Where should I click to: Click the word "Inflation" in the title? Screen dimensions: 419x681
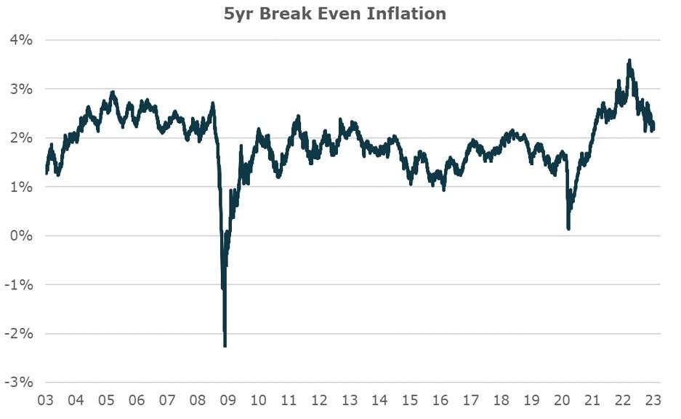click(x=410, y=13)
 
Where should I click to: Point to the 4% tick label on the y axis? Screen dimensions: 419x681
click(x=21, y=40)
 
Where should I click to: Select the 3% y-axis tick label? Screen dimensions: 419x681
click(x=21, y=89)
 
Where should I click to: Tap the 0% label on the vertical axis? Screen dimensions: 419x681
click(x=21, y=236)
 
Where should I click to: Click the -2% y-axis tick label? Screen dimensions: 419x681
click(x=19, y=333)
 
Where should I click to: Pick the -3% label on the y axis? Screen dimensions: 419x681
click(x=19, y=382)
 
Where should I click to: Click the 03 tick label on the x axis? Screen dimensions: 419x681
click(x=46, y=400)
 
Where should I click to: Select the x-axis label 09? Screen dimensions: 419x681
click(x=228, y=400)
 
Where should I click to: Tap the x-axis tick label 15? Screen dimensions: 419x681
click(x=411, y=400)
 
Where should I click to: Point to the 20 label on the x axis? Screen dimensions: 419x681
click(x=563, y=400)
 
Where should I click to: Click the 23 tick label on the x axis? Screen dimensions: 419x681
click(x=653, y=400)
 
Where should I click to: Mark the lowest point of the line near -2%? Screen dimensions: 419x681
click(x=225, y=346)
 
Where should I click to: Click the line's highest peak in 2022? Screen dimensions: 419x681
click(x=629, y=60)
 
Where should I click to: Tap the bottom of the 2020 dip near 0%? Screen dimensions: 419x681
click(x=568, y=228)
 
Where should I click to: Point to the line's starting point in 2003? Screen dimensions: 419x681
click(x=47, y=173)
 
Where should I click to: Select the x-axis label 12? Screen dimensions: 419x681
click(x=319, y=400)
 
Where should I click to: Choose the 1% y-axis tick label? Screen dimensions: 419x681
click(x=21, y=187)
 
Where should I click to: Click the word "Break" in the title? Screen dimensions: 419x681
click(x=300, y=13)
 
